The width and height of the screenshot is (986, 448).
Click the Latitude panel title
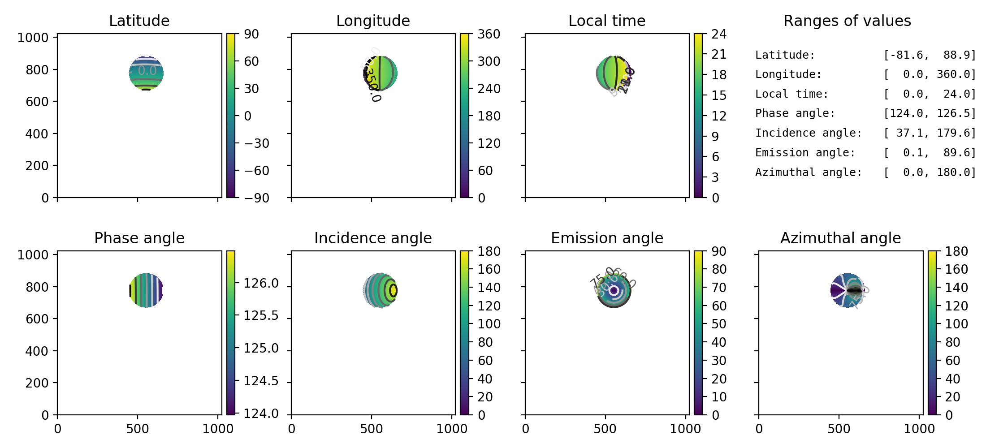pyautogui.click(x=139, y=21)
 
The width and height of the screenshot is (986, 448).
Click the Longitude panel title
pyautogui.click(x=373, y=21)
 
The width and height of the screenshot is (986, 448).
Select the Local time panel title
pyautogui.click(x=607, y=21)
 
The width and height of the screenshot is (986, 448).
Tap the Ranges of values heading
pyautogui.click(x=847, y=21)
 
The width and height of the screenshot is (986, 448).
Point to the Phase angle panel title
pyautogui.click(x=139, y=238)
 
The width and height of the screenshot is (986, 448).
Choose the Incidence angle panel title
pyautogui.click(x=373, y=238)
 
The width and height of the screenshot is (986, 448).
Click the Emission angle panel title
pyautogui.click(x=607, y=238)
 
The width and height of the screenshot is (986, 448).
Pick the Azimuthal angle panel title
pyautogui.click(x=840, y=238)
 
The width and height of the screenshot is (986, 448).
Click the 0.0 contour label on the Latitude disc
pyautogui.click(x=147, y=71)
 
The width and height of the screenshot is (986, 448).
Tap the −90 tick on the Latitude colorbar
pyautogui.click(x=256, y=198)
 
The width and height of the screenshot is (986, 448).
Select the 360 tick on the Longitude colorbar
pyautogui.click(x=489, y=34)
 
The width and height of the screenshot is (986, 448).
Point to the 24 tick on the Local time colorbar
pyautogui.click(x=719, y=34)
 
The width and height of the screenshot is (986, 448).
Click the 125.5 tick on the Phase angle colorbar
pyautogui.click(x=261, y=316)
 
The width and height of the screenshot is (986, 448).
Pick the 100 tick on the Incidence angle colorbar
pyautogui.click(x=489, y=324)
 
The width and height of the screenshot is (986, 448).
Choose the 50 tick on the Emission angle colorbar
pyautogui.click(x=719, y=324)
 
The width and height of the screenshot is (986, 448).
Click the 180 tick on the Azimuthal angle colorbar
pyautogui.click(x=956, y=251)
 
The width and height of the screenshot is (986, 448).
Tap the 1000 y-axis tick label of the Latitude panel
pyautogui.click(x=33, y=38)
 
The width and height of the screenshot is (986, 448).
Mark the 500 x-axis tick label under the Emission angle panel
pyautogui.click(x=605, y=429)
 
